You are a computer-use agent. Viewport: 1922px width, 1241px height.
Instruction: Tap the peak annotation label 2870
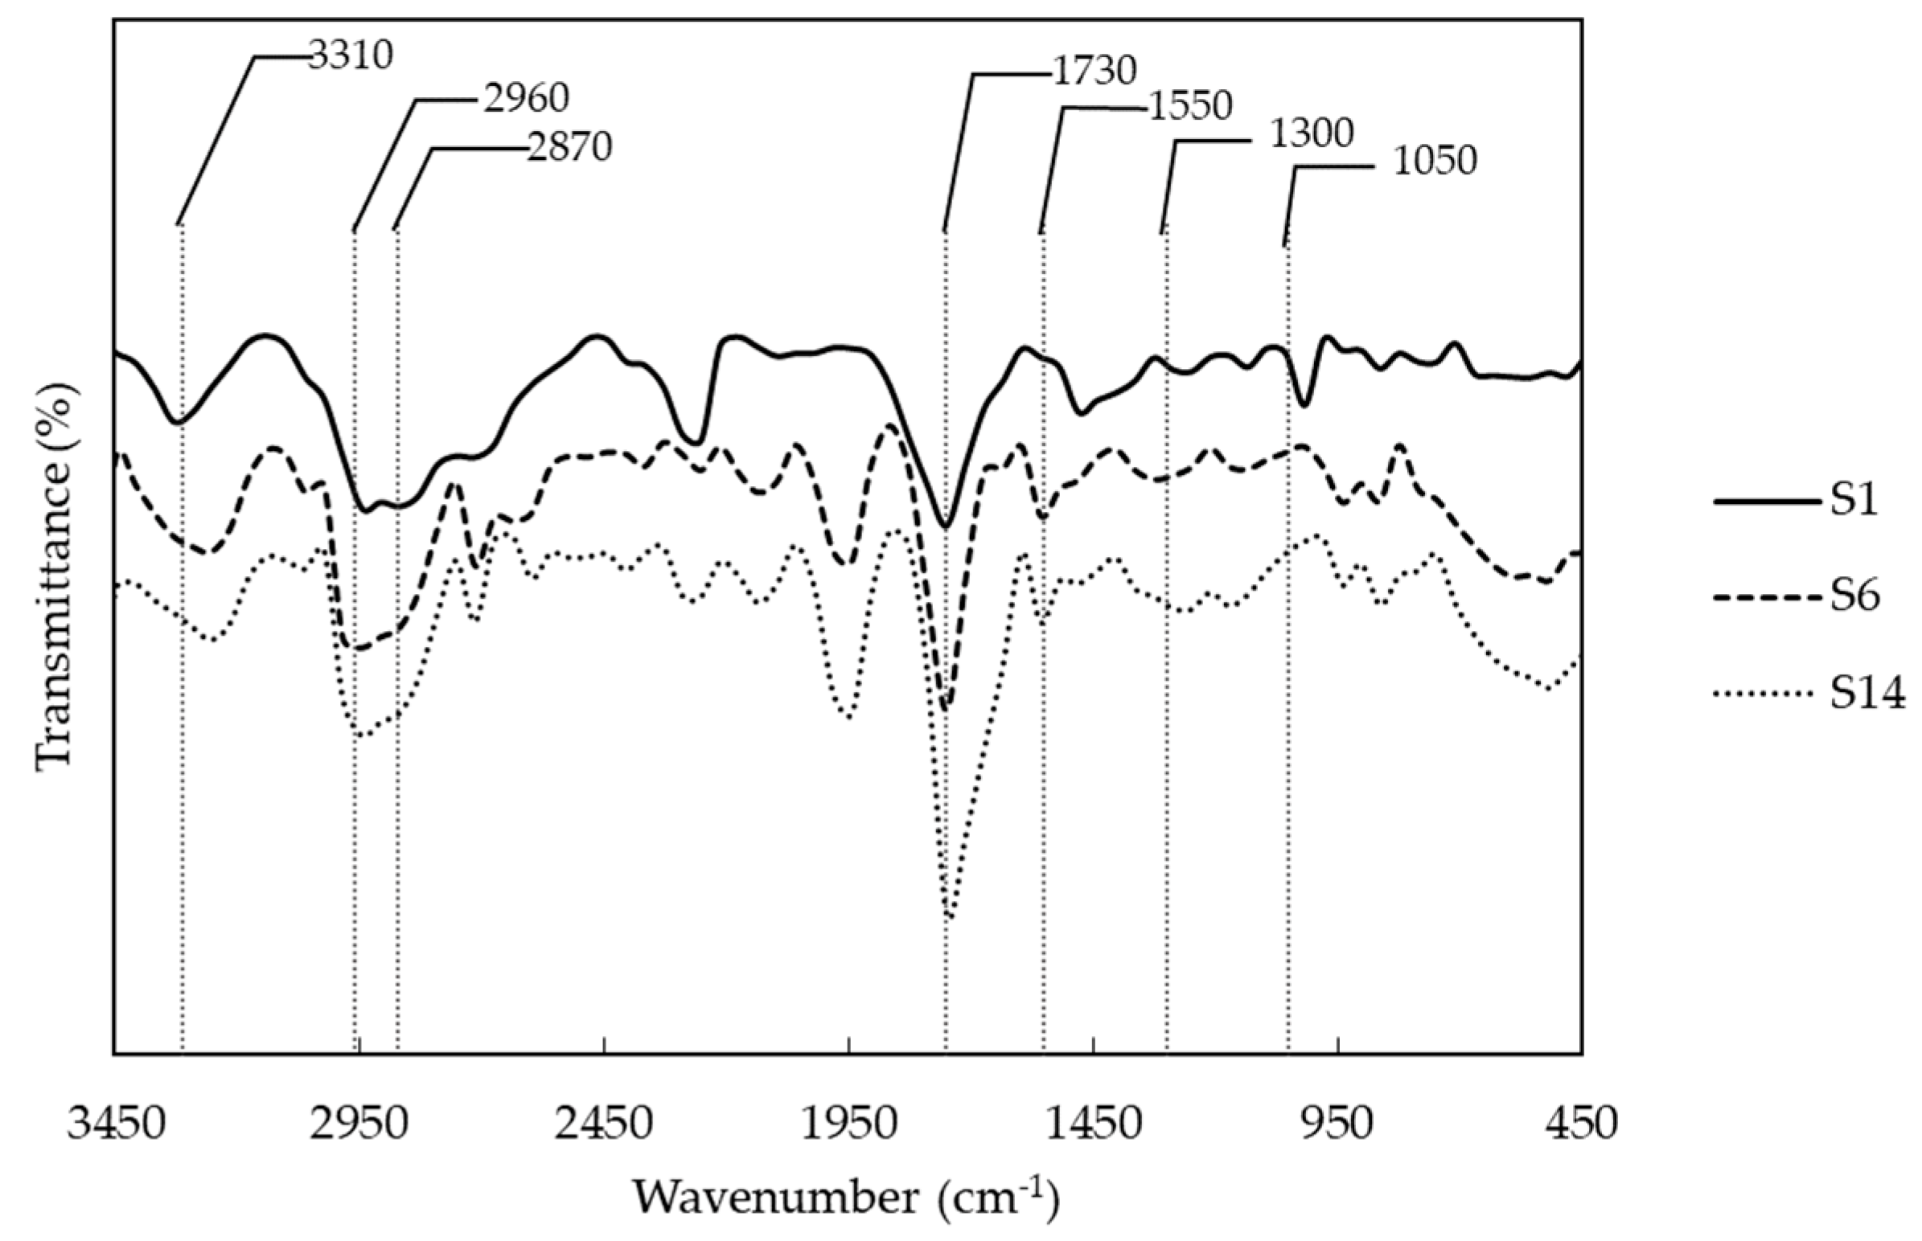(569, 147)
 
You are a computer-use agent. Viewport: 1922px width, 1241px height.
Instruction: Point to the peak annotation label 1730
(1093, 72)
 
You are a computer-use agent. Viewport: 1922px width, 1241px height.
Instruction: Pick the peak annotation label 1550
(1190, 107)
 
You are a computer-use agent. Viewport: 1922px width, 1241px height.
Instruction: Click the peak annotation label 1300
(1311, 134)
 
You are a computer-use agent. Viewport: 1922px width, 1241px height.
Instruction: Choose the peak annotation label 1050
(1434, 162)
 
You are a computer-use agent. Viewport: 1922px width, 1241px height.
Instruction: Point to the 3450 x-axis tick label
(113, 1124)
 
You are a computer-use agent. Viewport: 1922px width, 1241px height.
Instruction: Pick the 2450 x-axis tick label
(604, 1124)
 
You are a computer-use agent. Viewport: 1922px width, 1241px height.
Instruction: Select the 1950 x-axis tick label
(849, 1124)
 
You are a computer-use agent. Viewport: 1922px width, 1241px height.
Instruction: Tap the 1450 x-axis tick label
(1093, 1124)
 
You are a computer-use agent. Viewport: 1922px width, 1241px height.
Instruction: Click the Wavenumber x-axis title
(845, 1198)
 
